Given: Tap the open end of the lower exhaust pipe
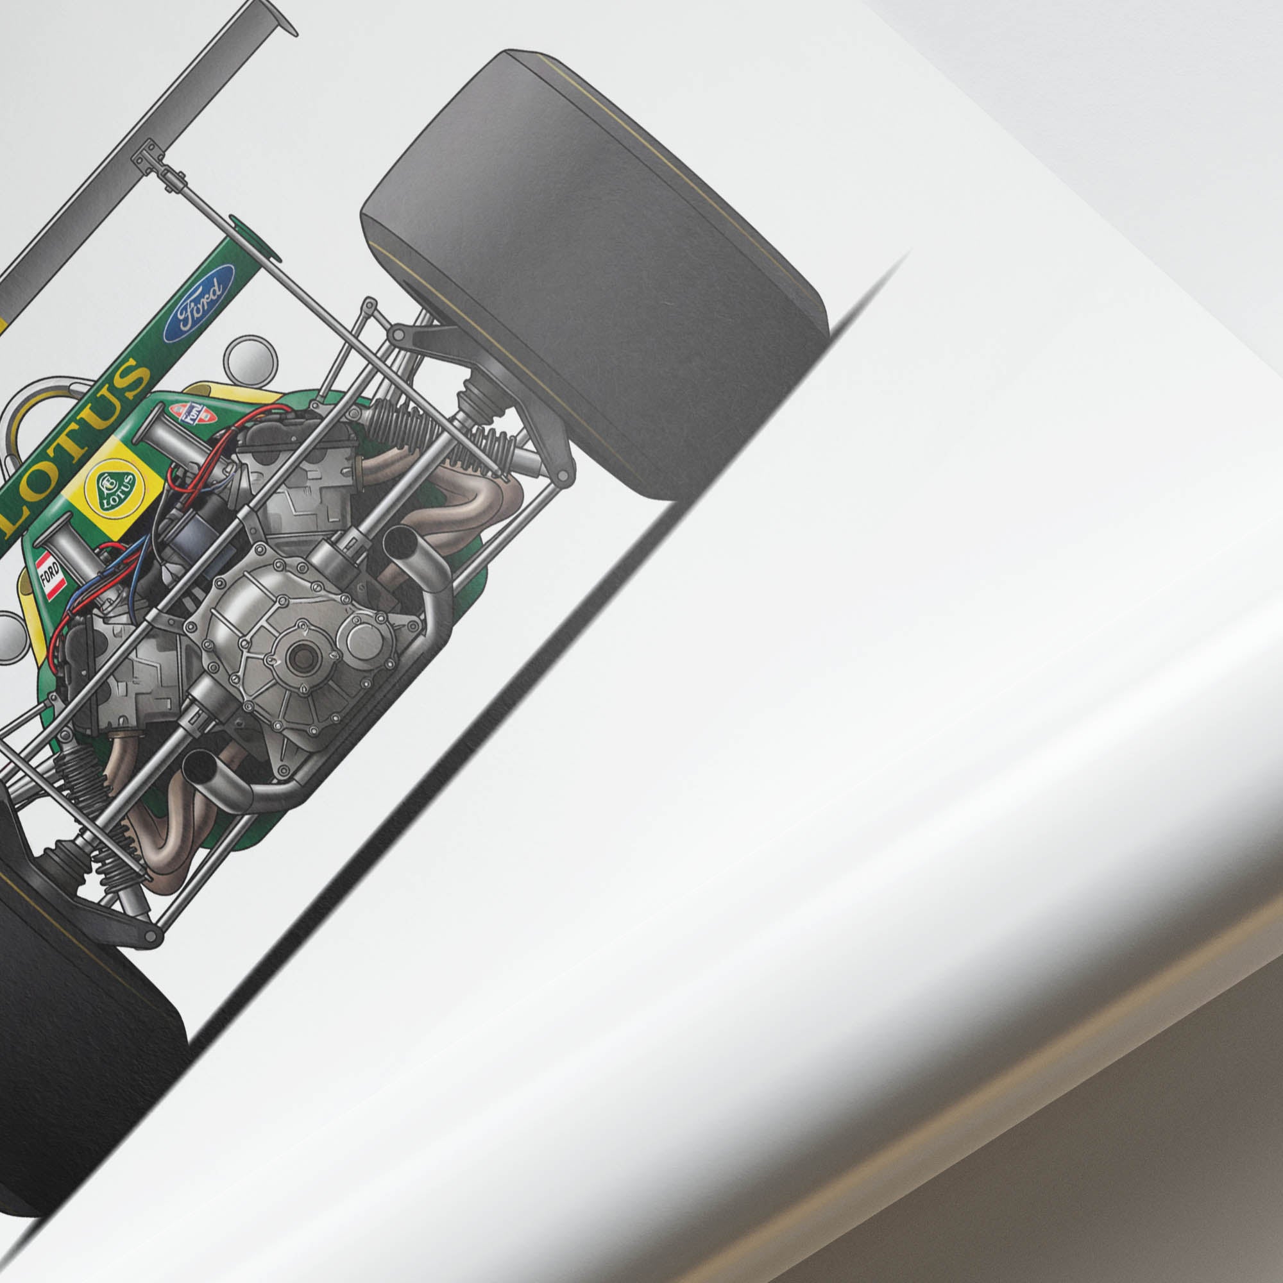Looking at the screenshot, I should tap(197, 769).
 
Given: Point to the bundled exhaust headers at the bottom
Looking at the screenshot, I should tap(166, 837).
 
